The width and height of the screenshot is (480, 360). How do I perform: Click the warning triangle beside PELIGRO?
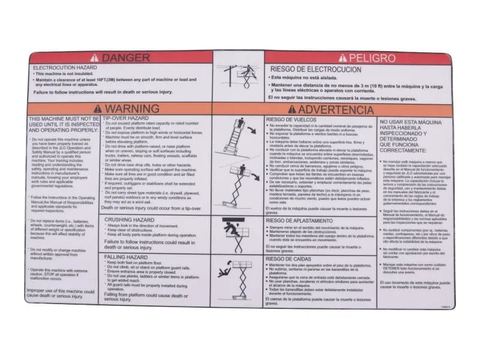[343, 58]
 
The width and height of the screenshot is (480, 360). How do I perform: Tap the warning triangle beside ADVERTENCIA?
[291, 109]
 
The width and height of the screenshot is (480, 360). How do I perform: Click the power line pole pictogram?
[238, 76]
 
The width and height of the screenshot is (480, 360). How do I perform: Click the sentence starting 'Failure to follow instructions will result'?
[95, 92]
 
